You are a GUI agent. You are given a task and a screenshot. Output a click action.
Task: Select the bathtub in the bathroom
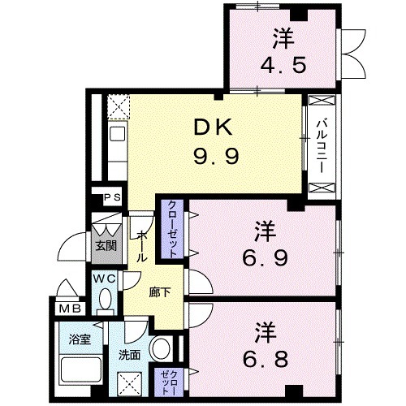[79, 369]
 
